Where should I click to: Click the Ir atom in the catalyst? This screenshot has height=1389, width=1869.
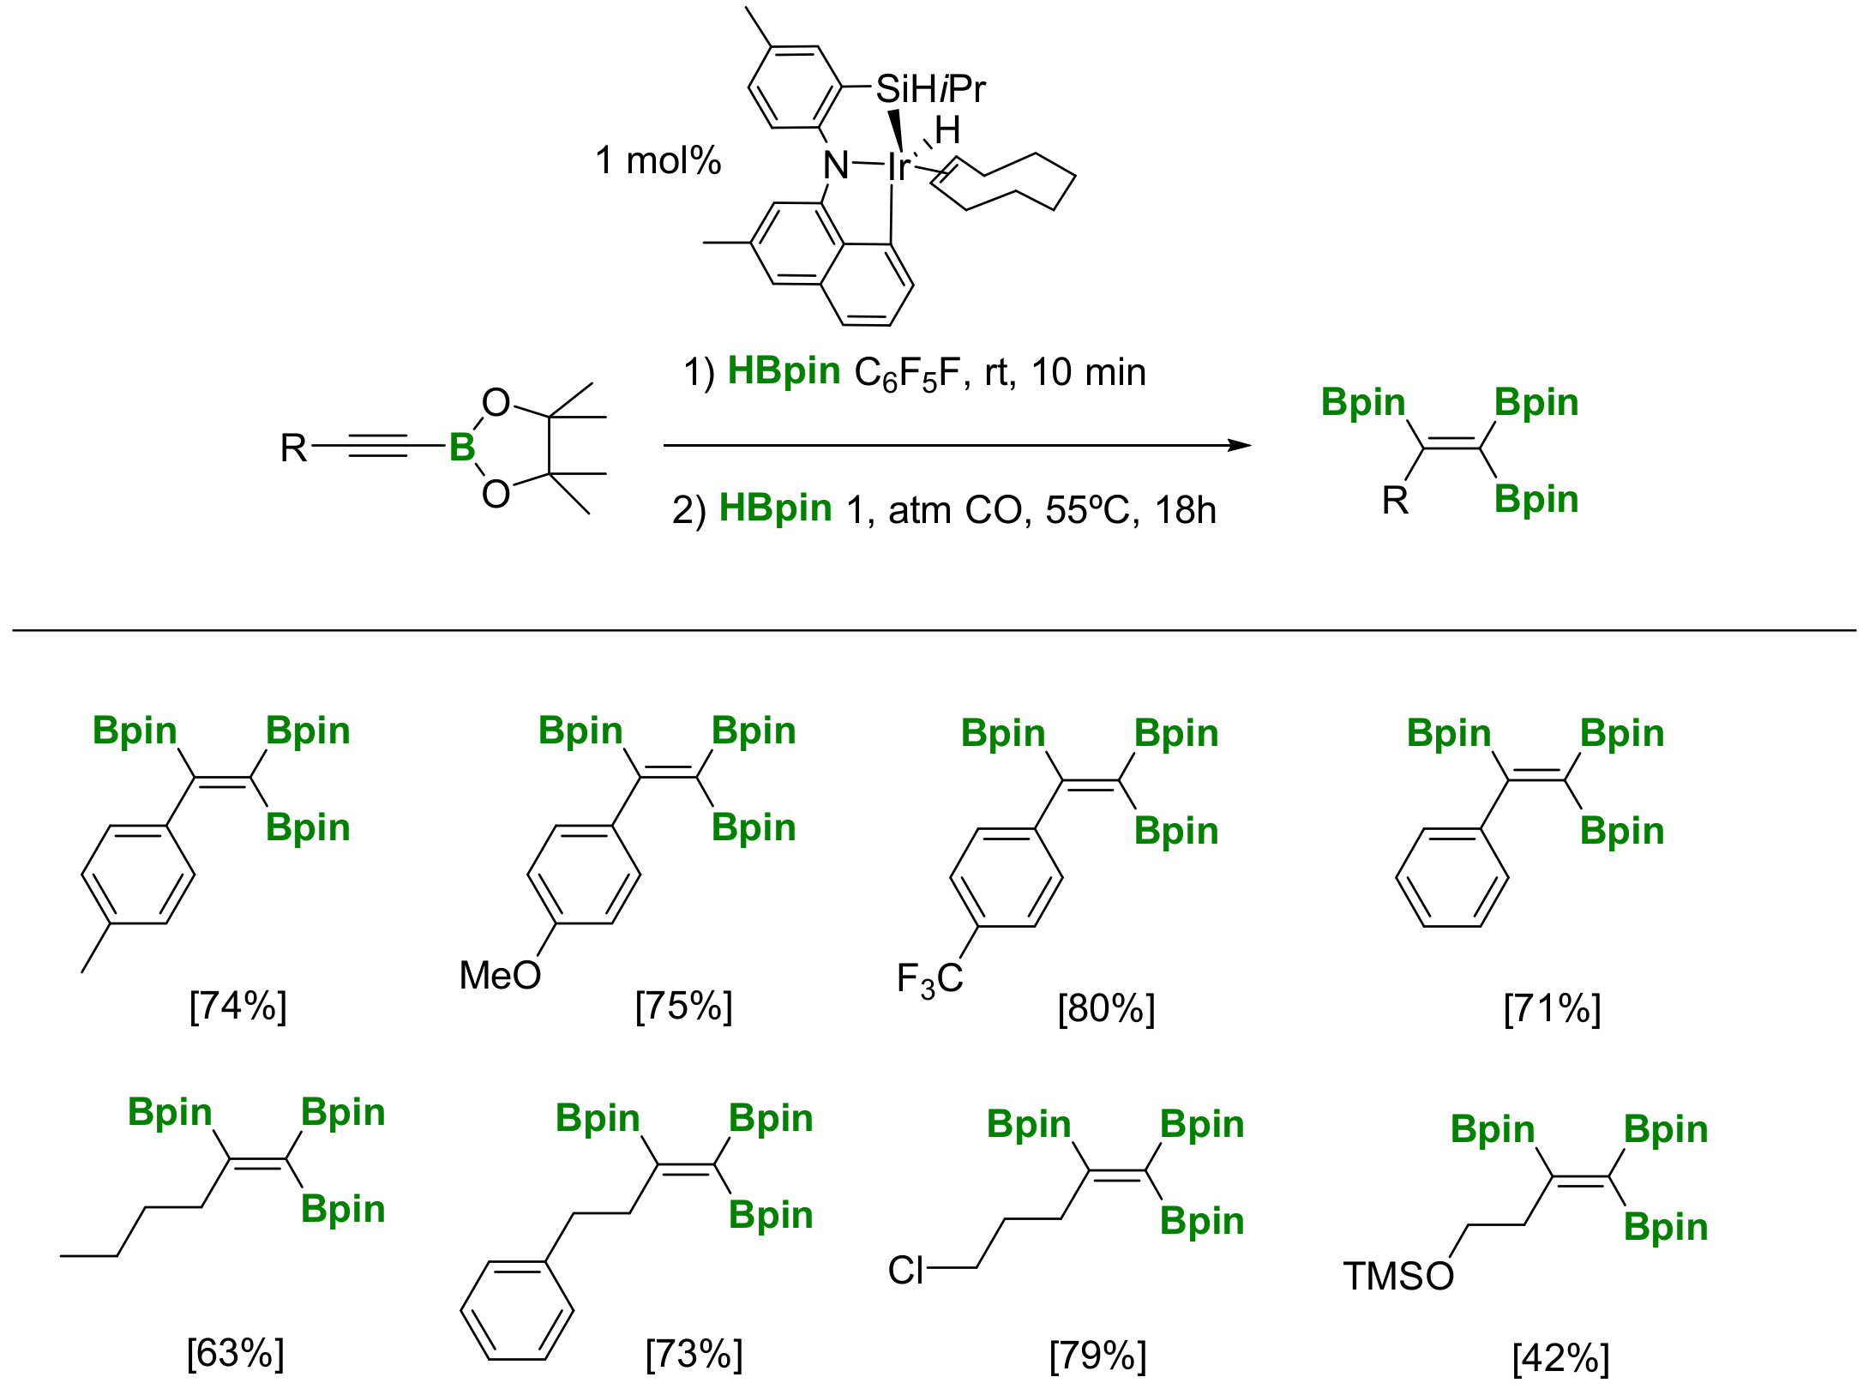click(898, 166)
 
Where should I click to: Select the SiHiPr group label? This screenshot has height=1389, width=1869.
click(930, 89)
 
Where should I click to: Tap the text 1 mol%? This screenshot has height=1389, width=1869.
click(658, 160)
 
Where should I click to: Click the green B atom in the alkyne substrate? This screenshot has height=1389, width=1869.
click(462, 447)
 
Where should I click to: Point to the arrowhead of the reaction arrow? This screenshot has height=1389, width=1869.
click(1240, 445)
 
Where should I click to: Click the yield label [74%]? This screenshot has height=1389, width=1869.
click(237, 1005)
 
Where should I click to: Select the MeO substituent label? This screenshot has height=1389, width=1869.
click(500, 975)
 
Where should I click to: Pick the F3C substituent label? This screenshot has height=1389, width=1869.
click(929, 979)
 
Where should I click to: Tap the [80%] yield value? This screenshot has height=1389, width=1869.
click(1106, 1008)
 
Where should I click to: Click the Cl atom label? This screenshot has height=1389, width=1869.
click(905, 1270)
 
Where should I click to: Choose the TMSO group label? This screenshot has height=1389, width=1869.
click(1397, 1276)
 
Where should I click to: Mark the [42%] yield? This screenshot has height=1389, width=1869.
click(1560, 1358)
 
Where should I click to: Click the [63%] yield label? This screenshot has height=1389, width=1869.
click(235, 1353)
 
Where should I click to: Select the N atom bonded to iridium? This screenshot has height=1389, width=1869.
click(836, 165)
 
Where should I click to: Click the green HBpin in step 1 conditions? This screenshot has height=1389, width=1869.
click(784, 371)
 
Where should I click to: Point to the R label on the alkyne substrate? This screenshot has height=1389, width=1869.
click(293, 448)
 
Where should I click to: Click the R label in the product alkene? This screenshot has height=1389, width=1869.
click(1395, 500)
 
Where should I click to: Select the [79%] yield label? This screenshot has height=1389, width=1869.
click(1097, 1356)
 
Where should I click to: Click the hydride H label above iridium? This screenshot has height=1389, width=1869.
click(947, 131)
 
